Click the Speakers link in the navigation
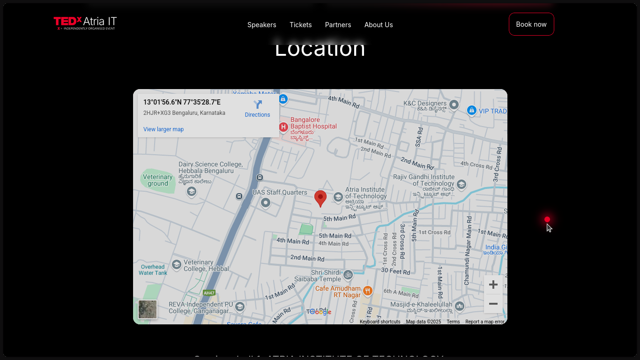[x=261, y=25]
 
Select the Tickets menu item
[x=300, y=25]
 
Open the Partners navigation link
[x=338, y=25]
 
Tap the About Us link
[x=379, y=25]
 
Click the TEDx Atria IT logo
[x=85, y=23]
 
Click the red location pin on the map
[x=320, y=197]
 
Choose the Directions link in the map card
[x=257, y=109]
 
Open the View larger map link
[x=164, y=129]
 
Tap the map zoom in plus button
[x=493, y=285]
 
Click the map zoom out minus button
[x=493, y=304]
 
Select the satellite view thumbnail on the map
[x=148, y=309]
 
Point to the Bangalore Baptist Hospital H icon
[x=283, y=127]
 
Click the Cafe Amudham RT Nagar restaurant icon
[x=368, y=291]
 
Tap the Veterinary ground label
[x=158, y=180]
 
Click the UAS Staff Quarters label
[x=280, y=193]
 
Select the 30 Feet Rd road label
[x=396, y=271]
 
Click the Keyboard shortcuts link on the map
[x=380, y=322]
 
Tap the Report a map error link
[x=484, y=322]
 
